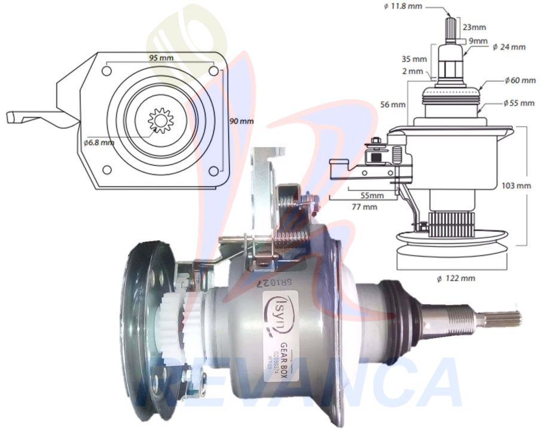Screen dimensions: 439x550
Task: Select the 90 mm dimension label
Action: pos(242,121)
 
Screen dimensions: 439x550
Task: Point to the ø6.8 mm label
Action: pos(100,143)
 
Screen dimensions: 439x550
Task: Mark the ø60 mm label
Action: pos(519,79)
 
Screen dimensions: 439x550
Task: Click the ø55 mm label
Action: pos(518,103)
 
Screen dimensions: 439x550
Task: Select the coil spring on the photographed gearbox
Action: pos(289,207)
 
